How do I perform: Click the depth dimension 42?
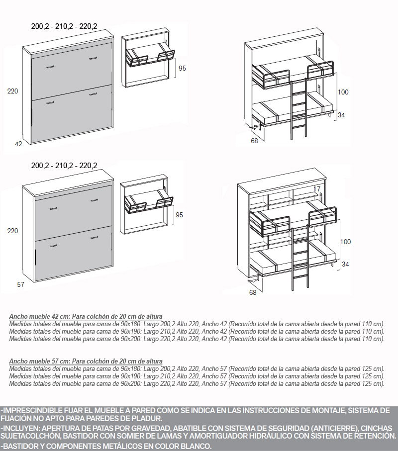18,144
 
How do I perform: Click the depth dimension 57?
21,284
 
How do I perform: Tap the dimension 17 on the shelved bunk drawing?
317,189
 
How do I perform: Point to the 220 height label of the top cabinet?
12,91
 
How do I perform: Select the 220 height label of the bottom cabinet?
12,231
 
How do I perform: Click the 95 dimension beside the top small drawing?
183,68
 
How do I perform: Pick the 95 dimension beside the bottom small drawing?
179,215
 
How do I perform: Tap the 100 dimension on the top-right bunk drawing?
343,92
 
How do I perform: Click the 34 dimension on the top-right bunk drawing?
341,115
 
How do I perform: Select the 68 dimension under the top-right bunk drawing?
254,141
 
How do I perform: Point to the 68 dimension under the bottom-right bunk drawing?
253,292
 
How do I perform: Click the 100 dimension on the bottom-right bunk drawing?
345,242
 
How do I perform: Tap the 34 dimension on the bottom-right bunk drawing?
345,264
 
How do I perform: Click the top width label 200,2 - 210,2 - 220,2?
64,26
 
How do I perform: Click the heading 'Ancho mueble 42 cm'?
39,316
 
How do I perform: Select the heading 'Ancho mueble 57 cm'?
39,361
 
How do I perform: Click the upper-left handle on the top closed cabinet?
50,67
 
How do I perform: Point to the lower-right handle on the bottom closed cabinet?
94,237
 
